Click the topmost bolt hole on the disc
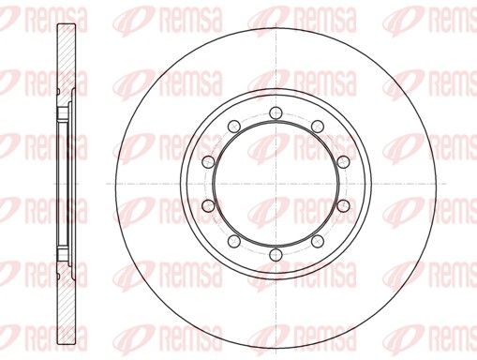[276, 112]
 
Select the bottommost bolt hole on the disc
[276, 255]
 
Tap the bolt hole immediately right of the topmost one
[318, 126]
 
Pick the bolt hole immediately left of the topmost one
[234, 126]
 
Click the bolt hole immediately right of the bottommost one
[318, 241]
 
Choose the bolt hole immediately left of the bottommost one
[234, 241]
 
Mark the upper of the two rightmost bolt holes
[343, 161]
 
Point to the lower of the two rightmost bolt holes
[343, 205]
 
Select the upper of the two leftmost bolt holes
[208, 161]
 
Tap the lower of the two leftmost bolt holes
[208, 205]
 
